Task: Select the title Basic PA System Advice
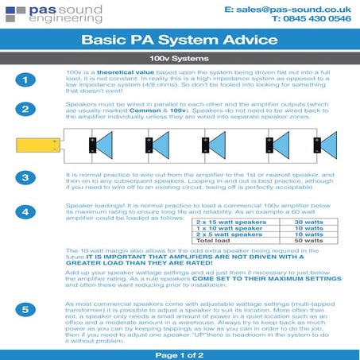coord(180,39)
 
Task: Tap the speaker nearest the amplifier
coord(103,145)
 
